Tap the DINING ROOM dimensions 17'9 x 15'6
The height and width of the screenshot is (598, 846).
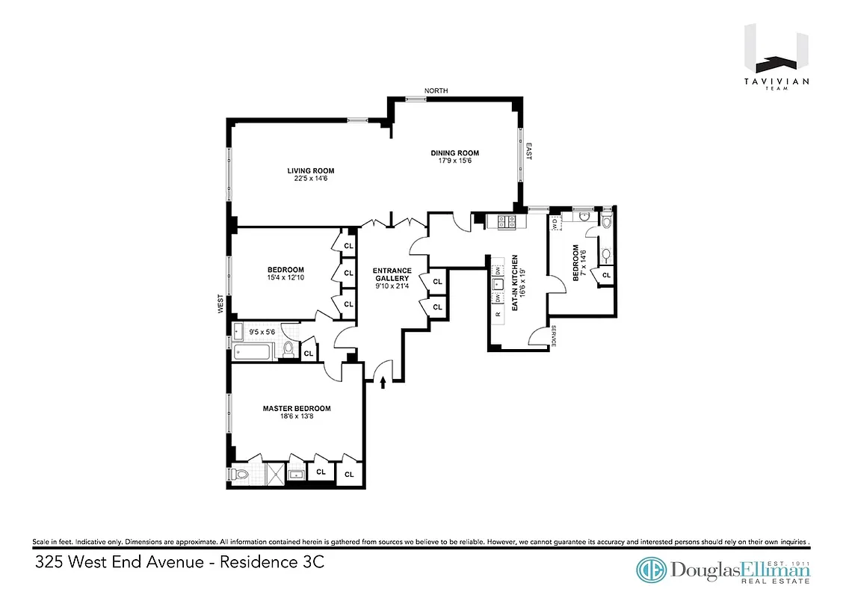point(454,161)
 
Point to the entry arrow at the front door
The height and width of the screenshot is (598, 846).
point(383,382)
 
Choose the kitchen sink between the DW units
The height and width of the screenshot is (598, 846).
point(497,284)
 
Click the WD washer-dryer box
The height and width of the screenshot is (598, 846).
point(555,223)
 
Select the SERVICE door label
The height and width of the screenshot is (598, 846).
point(554,338)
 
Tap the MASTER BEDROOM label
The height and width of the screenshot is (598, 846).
point(296,408)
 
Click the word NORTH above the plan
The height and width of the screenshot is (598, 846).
point(436,90)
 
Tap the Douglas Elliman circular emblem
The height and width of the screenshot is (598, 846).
point(652,569)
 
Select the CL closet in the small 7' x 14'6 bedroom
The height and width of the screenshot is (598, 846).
point(606,275)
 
